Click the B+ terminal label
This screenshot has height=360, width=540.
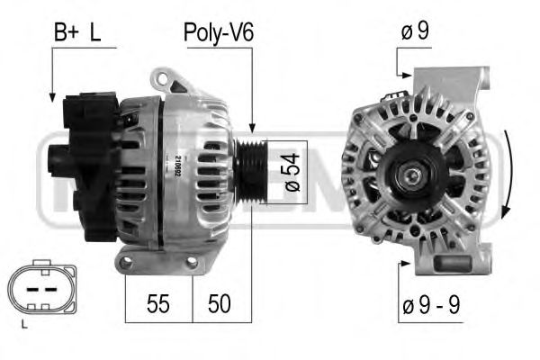pyautogui.click(x=66, y=34)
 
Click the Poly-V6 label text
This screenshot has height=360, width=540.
pyautogui.click(x=219, y=34)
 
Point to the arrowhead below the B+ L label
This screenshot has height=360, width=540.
pyautogui.click(x=52, y=93)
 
